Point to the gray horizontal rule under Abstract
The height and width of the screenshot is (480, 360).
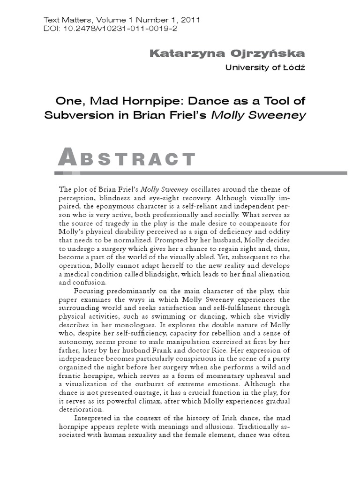coord(202,173)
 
